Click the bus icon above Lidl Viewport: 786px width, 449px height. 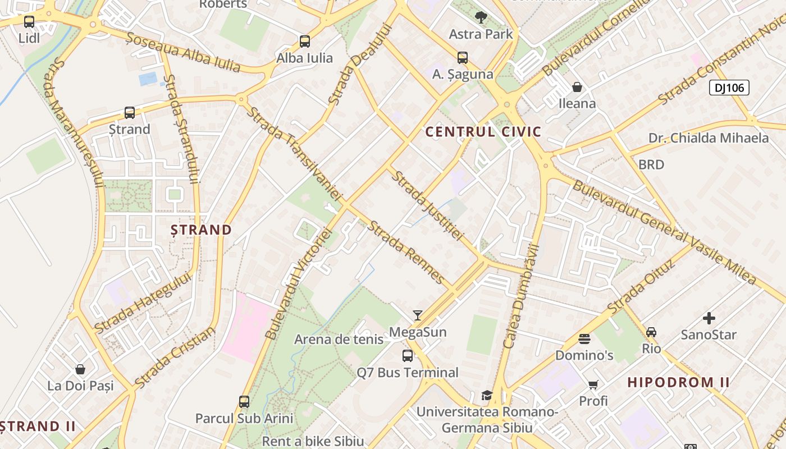tap(29, 22)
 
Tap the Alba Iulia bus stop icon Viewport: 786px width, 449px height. tap(304, 41)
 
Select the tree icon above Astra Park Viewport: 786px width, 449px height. tap(481, 17)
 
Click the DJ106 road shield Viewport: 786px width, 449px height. tap(729, 88)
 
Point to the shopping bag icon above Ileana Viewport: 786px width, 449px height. tap(577, 87)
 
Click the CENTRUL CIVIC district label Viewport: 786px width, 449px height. tap(483, 132)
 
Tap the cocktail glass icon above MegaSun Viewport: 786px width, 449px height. tap(417, 315)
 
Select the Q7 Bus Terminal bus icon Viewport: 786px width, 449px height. tap(408, 355)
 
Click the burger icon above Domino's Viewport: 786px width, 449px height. tap(584, 339)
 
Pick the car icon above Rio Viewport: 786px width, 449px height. tap(651, 332)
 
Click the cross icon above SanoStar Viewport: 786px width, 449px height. tap(709, 318)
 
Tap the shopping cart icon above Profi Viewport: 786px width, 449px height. tap(593, 384)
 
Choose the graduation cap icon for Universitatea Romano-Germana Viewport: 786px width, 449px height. tap(487, 395)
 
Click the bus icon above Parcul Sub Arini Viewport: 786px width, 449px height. tap(244, 401)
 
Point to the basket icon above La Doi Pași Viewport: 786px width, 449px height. tap(80, 369)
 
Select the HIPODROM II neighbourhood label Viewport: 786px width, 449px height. tap(678, 383)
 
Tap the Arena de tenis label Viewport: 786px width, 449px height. tap(339, 339)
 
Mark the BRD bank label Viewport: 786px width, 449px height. tap(651, 164)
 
